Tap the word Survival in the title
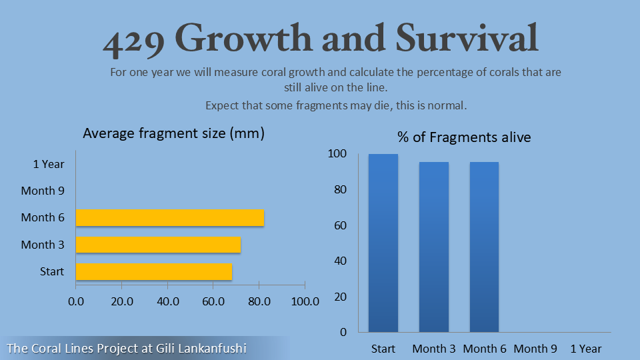point(467,39)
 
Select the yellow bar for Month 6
point(170,217)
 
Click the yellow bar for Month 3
point(158,245)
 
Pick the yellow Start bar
point(154,271)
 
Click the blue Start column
point(383,243)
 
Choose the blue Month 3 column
point(434,247)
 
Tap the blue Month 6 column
point(484,247)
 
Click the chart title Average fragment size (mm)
point(174,133)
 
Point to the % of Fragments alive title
point(464,137)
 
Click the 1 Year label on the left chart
point(49,163)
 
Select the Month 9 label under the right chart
point(535,349)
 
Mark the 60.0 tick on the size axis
point(213,301)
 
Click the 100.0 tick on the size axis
point(305,301)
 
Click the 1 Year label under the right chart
point(585,349)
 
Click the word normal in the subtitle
point(451,105)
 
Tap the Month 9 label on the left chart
point(43,191)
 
